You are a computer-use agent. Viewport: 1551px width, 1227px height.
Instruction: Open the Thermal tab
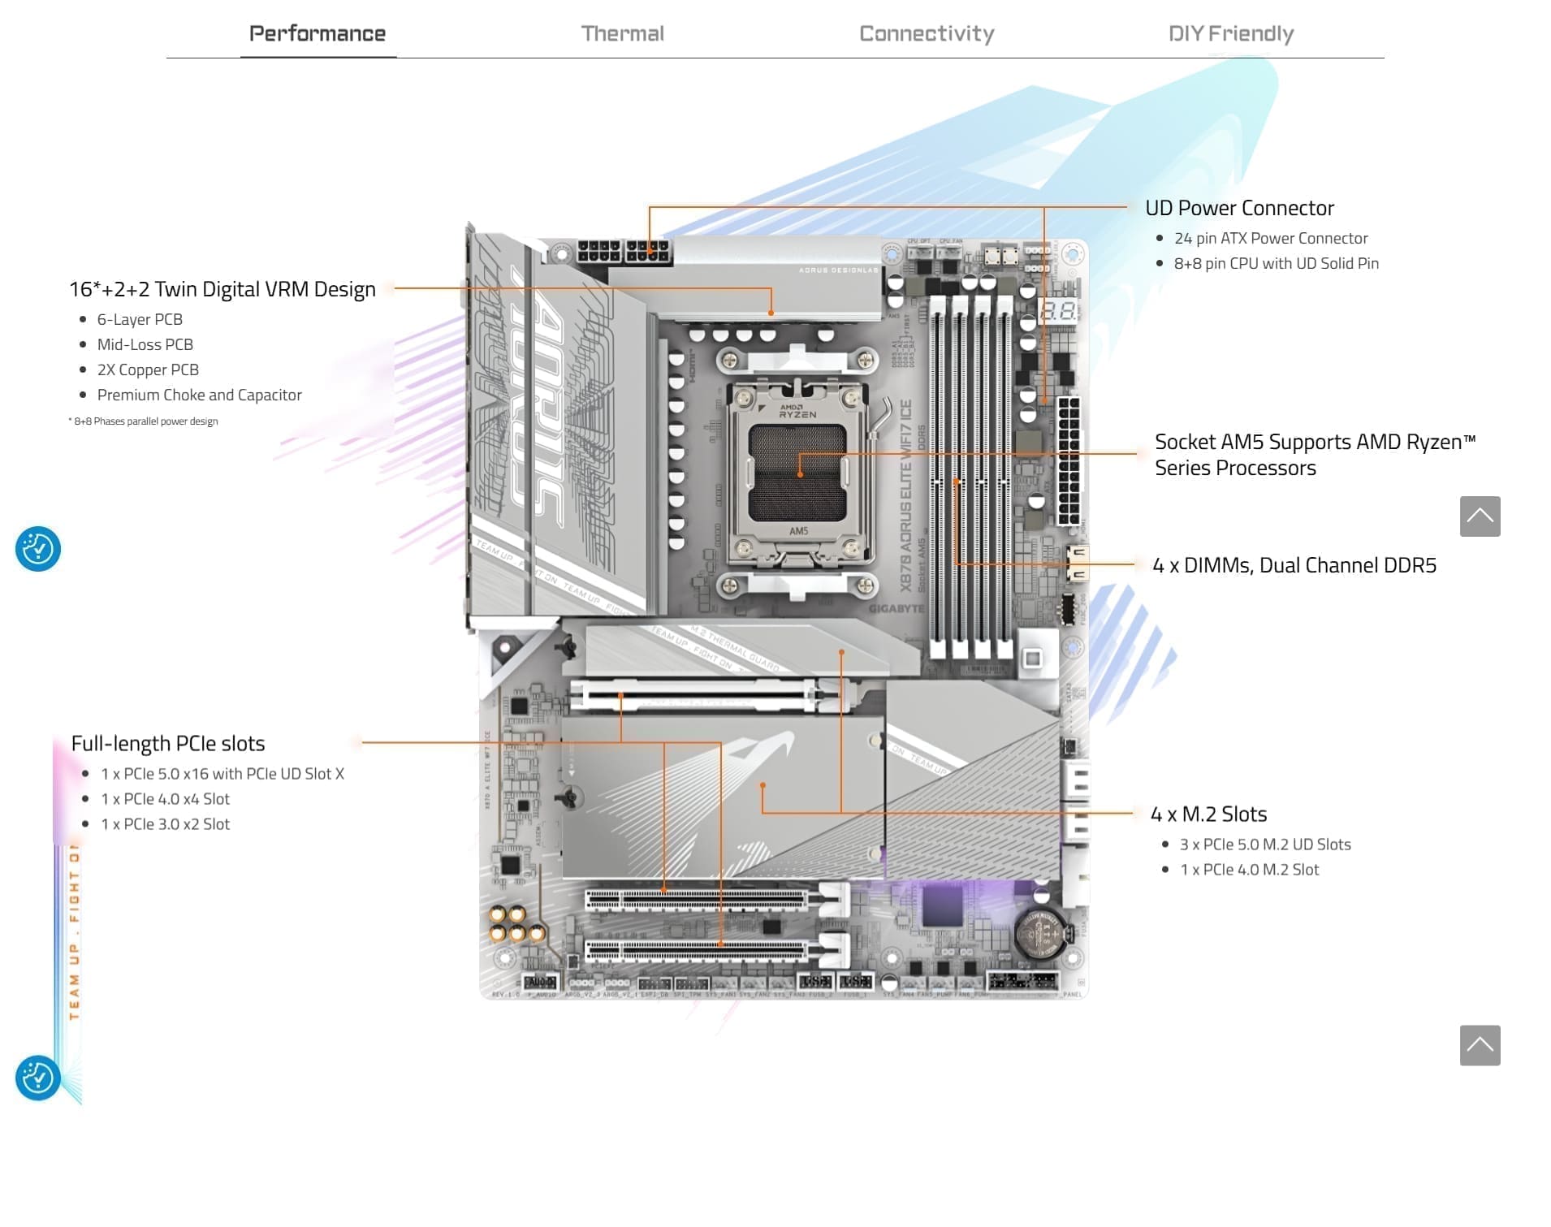pos(622,33)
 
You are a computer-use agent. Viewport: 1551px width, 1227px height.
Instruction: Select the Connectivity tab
pos(926,33)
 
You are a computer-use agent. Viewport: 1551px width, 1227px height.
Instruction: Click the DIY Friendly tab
pos(1230,33)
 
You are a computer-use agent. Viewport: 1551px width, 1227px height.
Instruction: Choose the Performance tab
pos(318,33)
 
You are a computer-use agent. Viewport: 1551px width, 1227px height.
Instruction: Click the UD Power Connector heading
pos(1239,208)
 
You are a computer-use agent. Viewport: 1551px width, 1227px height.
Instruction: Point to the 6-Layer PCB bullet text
pos(140,319)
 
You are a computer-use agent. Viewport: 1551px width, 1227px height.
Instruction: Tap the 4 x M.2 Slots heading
pos(1208,814)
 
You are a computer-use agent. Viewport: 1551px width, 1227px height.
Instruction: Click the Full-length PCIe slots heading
pos(168,743)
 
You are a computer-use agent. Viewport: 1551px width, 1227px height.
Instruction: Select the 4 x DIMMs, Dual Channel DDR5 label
pos(1294,565)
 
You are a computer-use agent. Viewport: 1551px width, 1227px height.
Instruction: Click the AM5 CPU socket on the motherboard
pos(798,471)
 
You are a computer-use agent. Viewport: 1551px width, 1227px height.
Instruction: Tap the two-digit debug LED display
pos(1059,311)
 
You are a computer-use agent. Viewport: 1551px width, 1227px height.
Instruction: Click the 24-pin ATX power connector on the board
pos(1069,460)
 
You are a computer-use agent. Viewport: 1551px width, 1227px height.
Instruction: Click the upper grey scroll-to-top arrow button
pos(1480,516)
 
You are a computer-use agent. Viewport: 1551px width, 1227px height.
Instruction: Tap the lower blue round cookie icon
pos(38,1078)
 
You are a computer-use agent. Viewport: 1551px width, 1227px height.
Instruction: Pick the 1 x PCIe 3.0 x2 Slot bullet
pos(165,824)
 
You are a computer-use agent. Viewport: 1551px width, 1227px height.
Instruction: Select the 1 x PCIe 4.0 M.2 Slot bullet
pos(1249,870)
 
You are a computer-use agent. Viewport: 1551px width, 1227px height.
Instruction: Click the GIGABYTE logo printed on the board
pos(896,608)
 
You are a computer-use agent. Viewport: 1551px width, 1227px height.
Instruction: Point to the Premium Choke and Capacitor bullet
pos(199,395)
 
